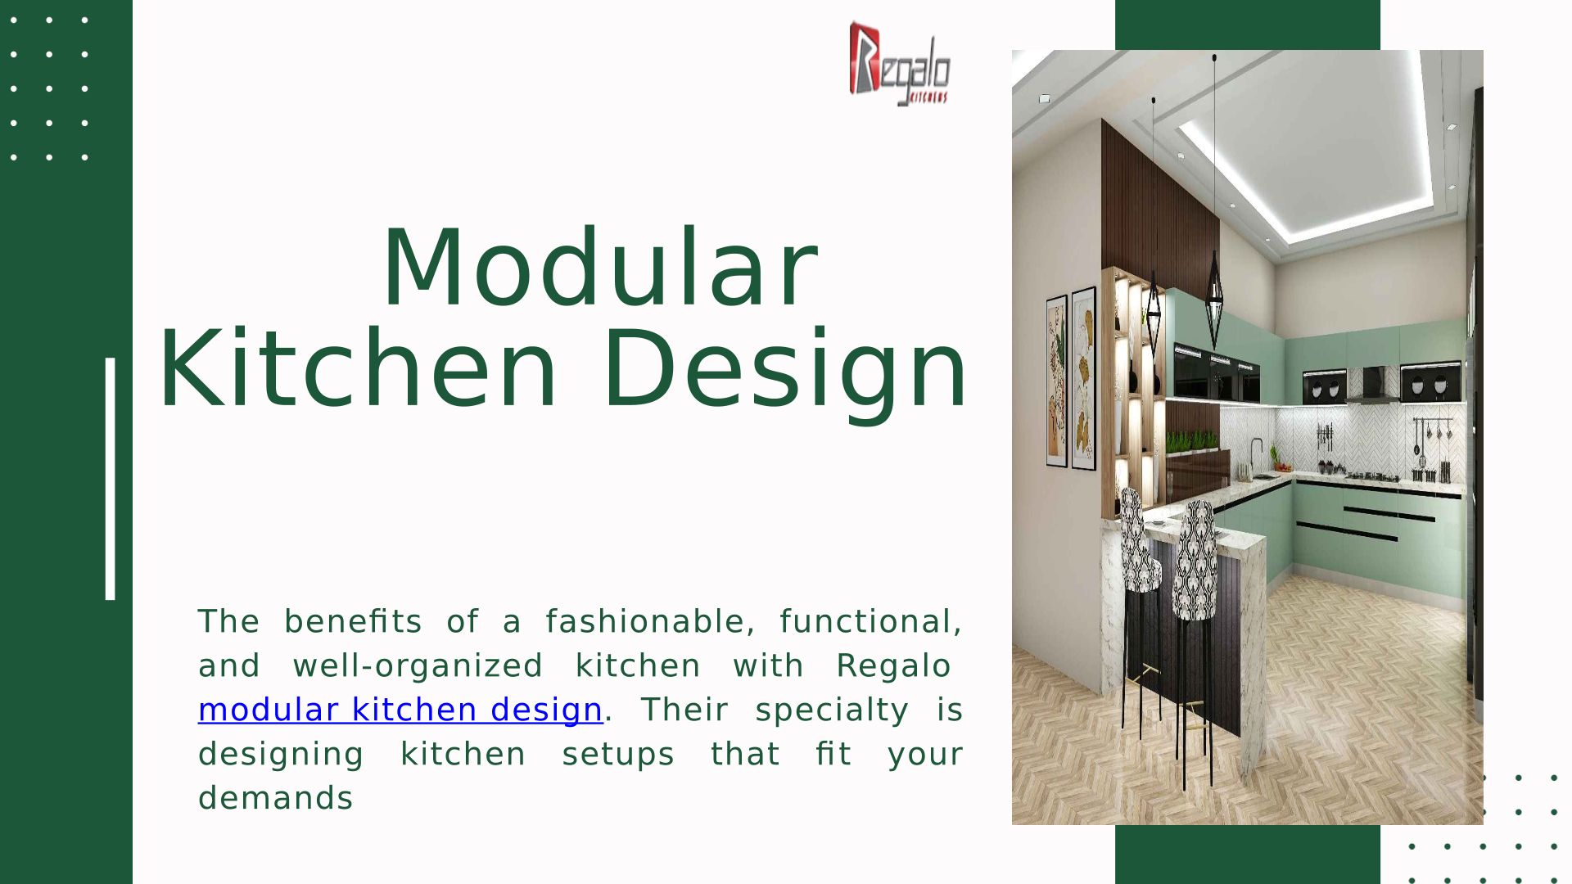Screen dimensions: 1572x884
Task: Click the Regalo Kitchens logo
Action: coord(899,64)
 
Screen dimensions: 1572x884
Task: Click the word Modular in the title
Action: coord(600,268)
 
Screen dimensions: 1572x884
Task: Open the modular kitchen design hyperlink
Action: coord(400,710)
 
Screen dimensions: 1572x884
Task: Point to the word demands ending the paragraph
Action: coord(275,798)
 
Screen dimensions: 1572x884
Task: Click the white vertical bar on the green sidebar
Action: coord(111,479)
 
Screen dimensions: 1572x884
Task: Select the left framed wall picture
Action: coord(1057,381)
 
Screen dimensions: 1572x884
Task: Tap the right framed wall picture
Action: coord(1083,378)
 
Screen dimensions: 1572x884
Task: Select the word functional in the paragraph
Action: coord(870,621)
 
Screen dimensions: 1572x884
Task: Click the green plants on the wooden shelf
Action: coord(1192,441)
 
